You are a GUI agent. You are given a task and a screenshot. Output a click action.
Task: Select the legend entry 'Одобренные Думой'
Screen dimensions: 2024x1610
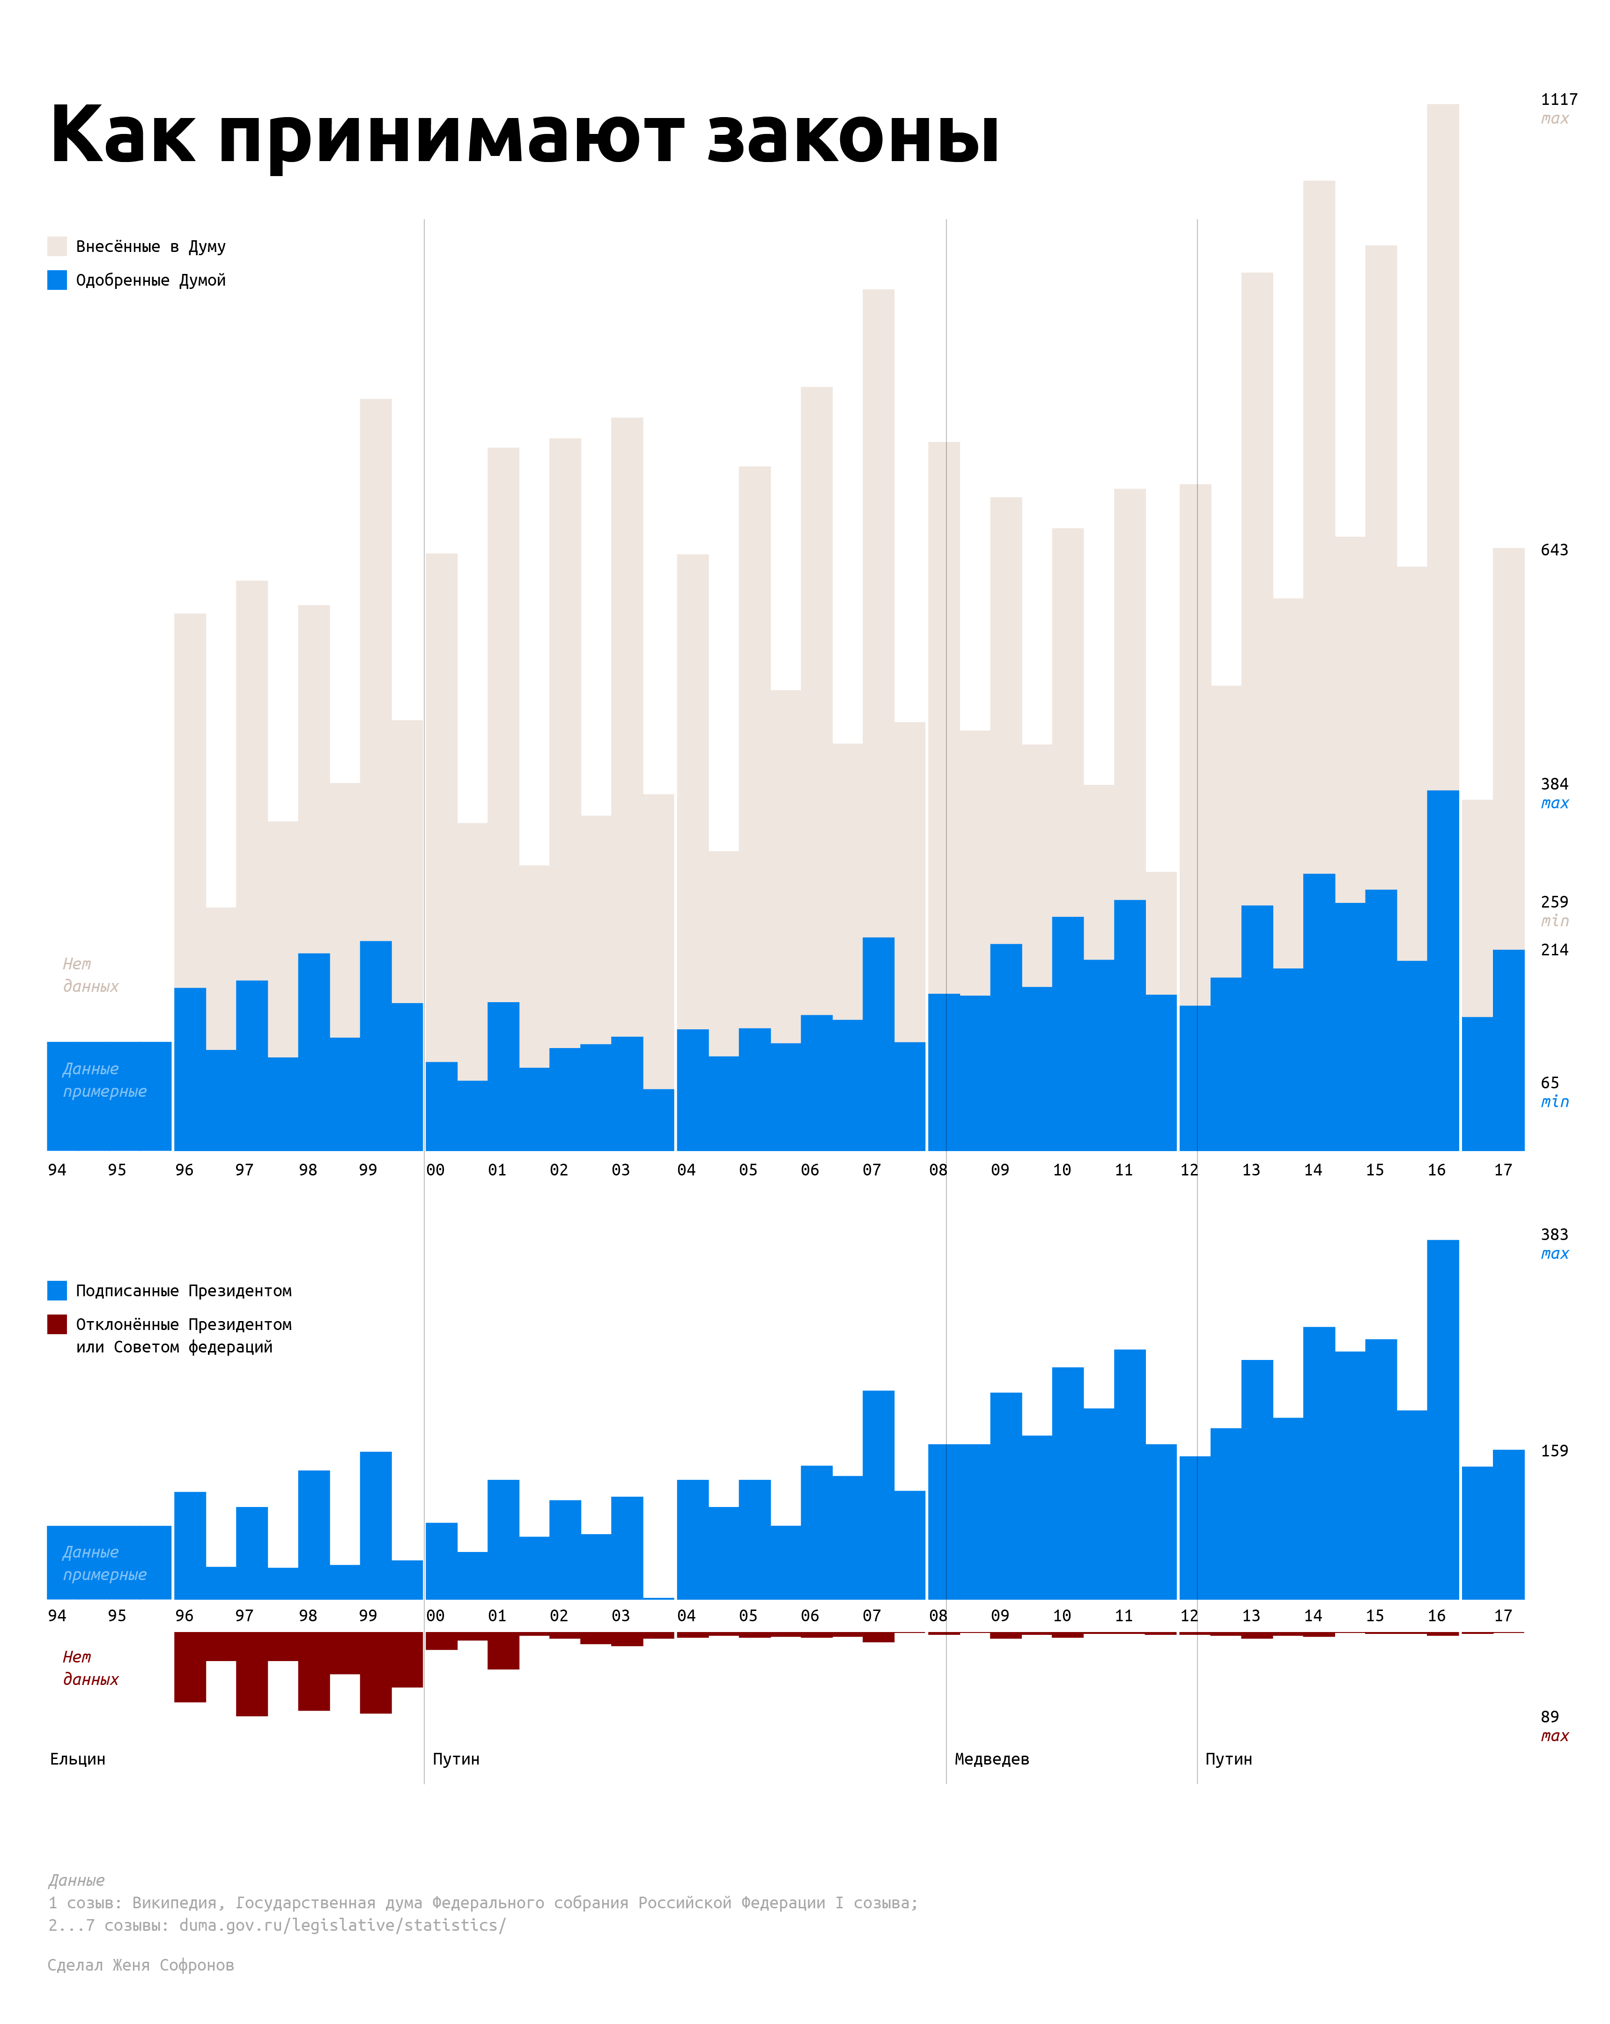(150, 280)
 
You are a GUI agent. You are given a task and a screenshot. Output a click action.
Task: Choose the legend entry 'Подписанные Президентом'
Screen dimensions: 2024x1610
(183, 1291)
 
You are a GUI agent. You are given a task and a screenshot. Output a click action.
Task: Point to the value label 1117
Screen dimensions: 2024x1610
(1558, 99)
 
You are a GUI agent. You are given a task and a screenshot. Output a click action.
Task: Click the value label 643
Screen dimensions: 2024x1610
(1554, 550)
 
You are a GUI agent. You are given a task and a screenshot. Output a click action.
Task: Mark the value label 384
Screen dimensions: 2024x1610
(1554, 784)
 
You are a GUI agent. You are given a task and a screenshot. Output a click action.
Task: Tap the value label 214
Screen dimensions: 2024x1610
(1554, 950)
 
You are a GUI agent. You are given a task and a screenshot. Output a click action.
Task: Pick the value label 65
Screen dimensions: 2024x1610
(1549, 1082)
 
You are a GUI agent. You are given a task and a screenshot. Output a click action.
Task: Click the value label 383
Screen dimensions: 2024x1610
(1554, 1234)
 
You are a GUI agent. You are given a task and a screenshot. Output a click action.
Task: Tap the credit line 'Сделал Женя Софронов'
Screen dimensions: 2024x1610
(141, 1965)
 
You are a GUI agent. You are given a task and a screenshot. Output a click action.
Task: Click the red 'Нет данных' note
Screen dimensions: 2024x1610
(90, 1668)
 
